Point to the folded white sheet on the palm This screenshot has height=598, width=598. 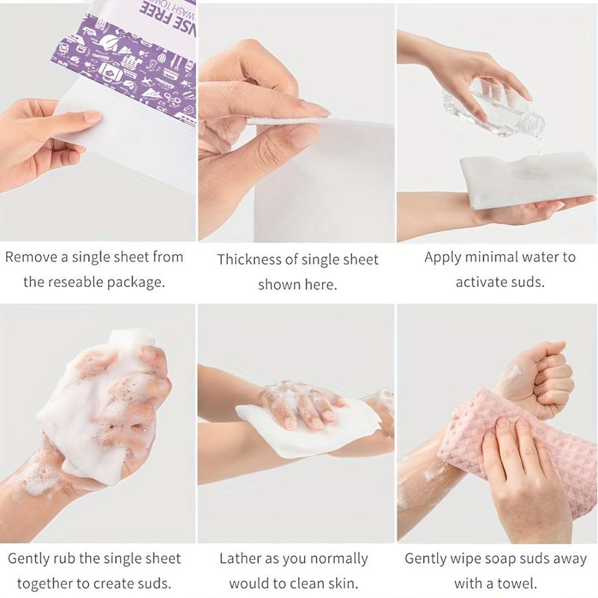point(523,179)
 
